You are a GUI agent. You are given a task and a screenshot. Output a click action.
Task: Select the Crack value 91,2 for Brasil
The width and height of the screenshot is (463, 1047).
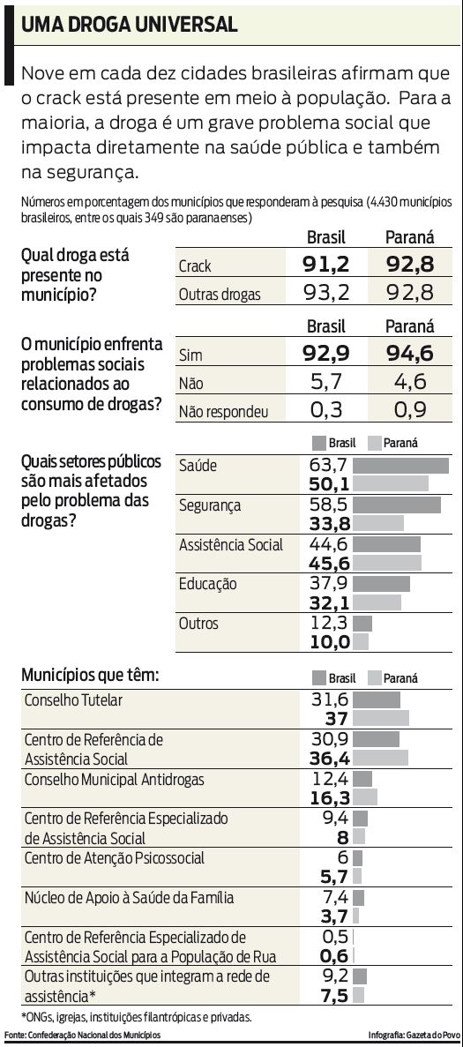coord(326,264)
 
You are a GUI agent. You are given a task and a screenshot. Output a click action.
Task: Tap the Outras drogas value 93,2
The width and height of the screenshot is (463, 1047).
coord(326,293)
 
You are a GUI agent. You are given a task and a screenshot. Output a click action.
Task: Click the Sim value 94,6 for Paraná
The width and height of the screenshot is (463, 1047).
coord(408,354)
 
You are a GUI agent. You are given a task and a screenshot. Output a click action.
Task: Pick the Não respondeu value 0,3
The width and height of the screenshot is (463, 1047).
coord(326,409)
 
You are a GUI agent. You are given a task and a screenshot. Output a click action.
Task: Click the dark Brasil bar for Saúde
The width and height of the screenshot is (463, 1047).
coord(401,465)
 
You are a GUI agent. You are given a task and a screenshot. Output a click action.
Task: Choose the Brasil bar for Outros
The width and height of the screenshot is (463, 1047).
coord(362,624)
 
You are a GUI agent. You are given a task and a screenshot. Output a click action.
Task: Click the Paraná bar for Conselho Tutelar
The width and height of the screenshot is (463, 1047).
coord(381,718)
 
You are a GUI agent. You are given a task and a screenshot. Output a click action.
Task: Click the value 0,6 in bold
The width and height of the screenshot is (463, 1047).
coord(335,955)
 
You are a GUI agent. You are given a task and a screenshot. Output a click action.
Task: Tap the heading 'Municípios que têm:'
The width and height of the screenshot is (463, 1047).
coord(91,676)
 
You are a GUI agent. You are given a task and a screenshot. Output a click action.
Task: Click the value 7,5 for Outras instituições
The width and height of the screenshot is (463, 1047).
coord(333,994)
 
